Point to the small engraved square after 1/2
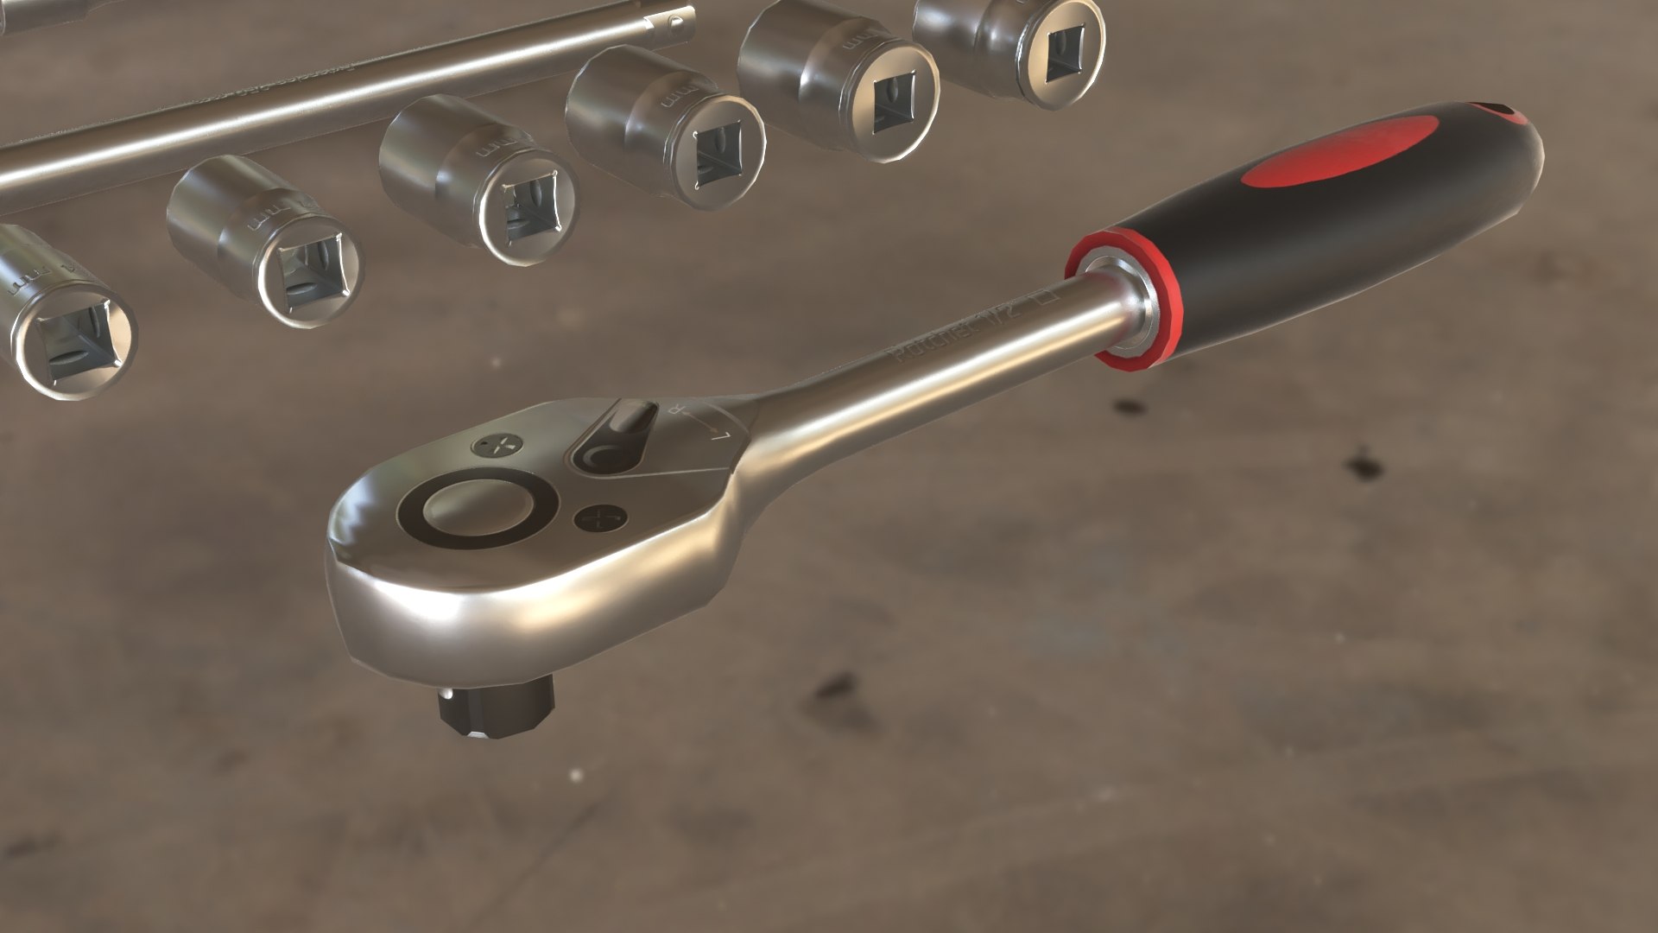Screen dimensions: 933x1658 (x=1048, y=298)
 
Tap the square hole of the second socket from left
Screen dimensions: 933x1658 (x=308, y=274)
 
